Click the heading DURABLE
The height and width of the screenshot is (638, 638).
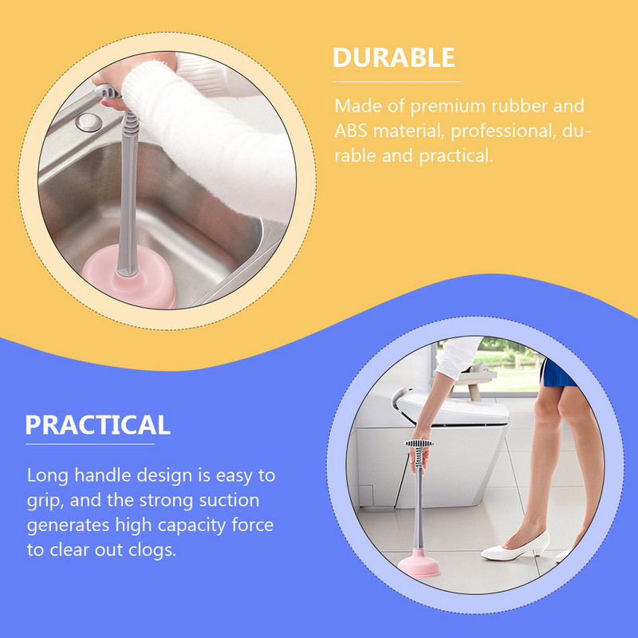pos(393,57)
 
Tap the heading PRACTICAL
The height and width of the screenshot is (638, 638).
pos(97,425)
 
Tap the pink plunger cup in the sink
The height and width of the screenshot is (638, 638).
pos(130,278)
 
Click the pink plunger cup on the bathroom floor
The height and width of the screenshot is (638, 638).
pos(419,563)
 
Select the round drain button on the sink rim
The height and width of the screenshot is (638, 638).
pos(89,123)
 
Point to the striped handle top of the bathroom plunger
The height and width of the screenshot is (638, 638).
pos(419,443)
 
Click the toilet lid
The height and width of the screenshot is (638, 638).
pos(451,409)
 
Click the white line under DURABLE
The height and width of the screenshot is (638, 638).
pos(398,82)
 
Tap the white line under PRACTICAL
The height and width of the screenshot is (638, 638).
pos(90,444)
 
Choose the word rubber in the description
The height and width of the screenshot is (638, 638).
pos(520,106)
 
